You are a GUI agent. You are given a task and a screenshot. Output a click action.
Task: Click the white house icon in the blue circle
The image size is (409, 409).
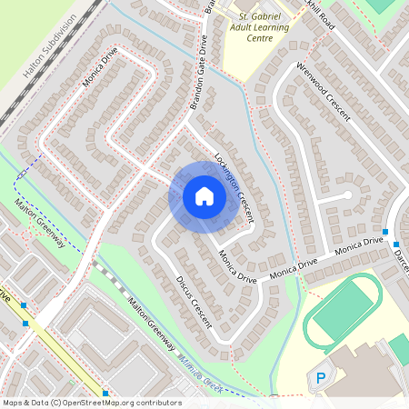tap(204, 197)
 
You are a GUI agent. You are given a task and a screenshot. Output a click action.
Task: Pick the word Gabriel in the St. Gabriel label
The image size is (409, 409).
tap(266, 16)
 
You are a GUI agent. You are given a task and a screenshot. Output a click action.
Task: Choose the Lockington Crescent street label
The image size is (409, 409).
tap(233, 181)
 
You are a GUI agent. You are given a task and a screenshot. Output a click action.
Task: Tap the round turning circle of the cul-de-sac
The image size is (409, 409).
tap(346, 195)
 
